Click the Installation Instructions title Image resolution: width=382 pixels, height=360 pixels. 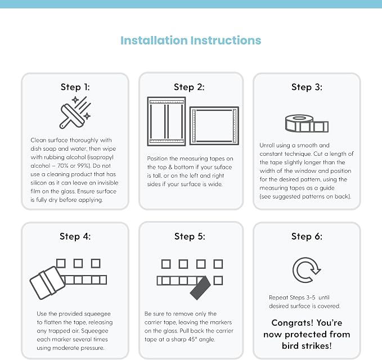191,40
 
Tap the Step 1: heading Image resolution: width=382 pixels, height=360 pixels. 75,87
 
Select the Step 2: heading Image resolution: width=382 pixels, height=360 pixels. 189,87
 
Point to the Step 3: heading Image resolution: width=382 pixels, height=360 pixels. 307,87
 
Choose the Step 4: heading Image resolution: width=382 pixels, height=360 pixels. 75,236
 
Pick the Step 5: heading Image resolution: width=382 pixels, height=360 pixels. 190,236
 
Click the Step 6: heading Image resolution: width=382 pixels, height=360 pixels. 307,236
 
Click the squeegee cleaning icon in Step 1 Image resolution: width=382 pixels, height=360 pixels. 75,112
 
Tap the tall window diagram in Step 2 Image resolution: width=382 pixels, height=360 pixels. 167,121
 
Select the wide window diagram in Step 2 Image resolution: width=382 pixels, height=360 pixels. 214,125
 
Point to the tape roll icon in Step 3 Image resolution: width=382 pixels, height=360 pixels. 307,123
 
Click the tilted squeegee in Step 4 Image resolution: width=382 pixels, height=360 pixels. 47,282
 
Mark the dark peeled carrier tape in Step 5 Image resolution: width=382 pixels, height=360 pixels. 200,288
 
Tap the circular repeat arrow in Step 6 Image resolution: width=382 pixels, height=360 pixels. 307,270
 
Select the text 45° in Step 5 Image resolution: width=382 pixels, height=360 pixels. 191,339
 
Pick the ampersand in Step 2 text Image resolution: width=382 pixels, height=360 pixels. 170,167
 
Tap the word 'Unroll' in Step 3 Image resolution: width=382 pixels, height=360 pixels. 267,145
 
